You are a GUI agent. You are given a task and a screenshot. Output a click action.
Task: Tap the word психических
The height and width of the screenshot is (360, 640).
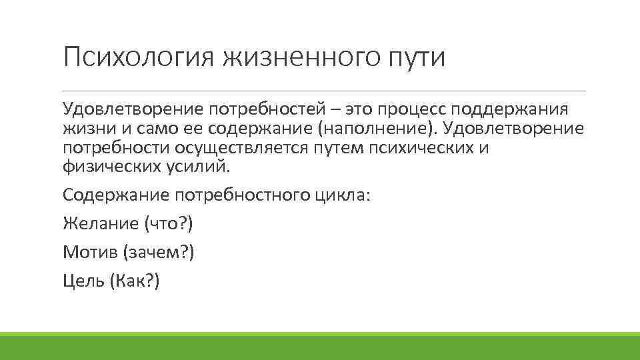pos(415,147)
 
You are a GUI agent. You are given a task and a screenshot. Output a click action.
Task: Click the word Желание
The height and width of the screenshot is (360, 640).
pos(100,224)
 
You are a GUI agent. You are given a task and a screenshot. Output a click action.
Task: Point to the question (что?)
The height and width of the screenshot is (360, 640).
pos(168,224)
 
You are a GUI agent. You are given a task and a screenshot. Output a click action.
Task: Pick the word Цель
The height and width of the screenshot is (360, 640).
pos(83,281)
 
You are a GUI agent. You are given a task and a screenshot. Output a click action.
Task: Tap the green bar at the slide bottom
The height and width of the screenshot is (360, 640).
pos(320,345)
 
